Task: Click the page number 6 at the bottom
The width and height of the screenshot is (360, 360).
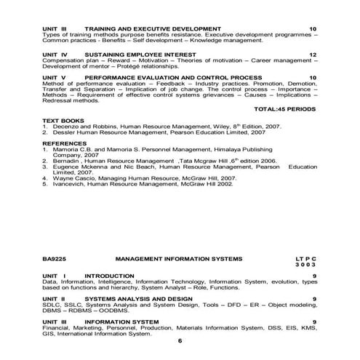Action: coord(180,340)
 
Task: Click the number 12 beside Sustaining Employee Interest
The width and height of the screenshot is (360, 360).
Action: coord(313,55)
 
